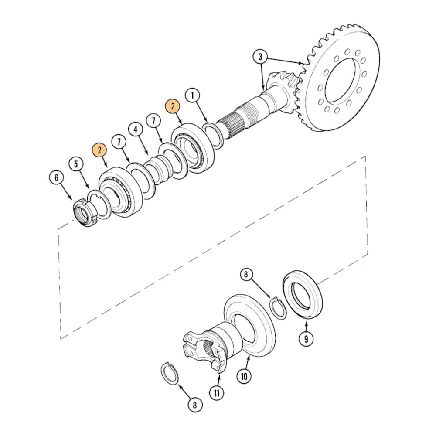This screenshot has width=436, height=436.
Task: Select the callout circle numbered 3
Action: [x=260, y=57]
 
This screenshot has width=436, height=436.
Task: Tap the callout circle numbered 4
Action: [x=136, y=129]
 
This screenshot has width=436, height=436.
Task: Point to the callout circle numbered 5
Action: [x=76, y=164]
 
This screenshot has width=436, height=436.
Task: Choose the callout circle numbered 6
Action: [x=56, y=177]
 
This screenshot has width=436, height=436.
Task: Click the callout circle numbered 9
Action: [x=306, y=339]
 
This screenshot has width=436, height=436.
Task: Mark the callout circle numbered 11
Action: [x=216, y=392]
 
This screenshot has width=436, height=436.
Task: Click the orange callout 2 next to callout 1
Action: [x=172, y=106]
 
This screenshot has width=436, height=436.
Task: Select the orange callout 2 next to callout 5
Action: [x=99, y=150]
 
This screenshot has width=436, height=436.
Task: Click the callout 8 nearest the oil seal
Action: [x=246, y=275]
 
